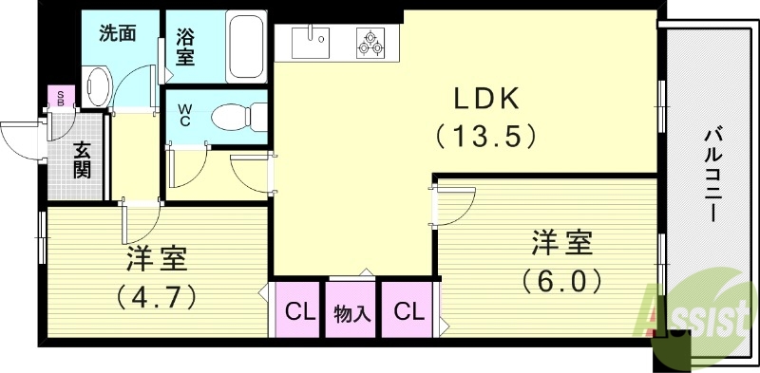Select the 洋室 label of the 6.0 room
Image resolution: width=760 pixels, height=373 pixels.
[561, 243]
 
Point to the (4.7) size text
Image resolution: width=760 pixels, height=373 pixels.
[158, 296]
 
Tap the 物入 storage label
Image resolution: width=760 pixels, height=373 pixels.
[351, 311]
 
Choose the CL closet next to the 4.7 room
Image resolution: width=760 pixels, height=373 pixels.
[300, 310]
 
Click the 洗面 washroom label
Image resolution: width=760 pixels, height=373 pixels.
[119, 32]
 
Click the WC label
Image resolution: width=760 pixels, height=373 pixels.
[184, 115]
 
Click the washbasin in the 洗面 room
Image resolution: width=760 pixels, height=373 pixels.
[97, 85]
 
